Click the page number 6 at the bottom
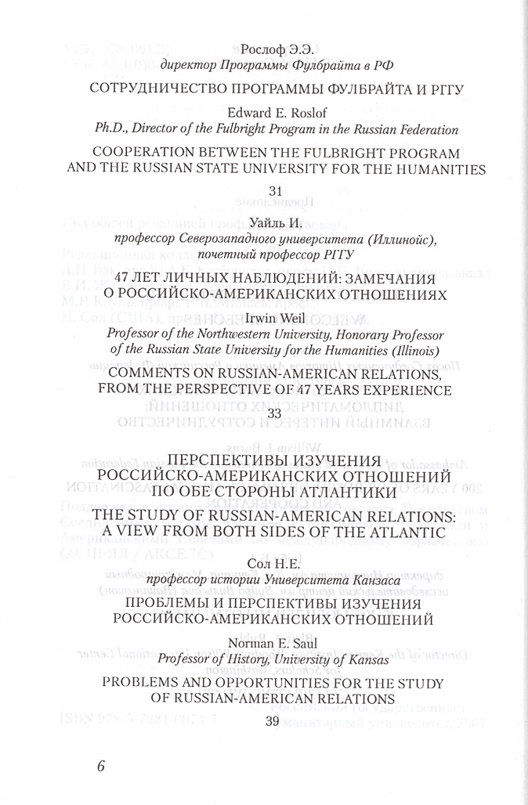[101, 766]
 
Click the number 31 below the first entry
[275, 190]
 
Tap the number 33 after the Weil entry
[274, 413]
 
